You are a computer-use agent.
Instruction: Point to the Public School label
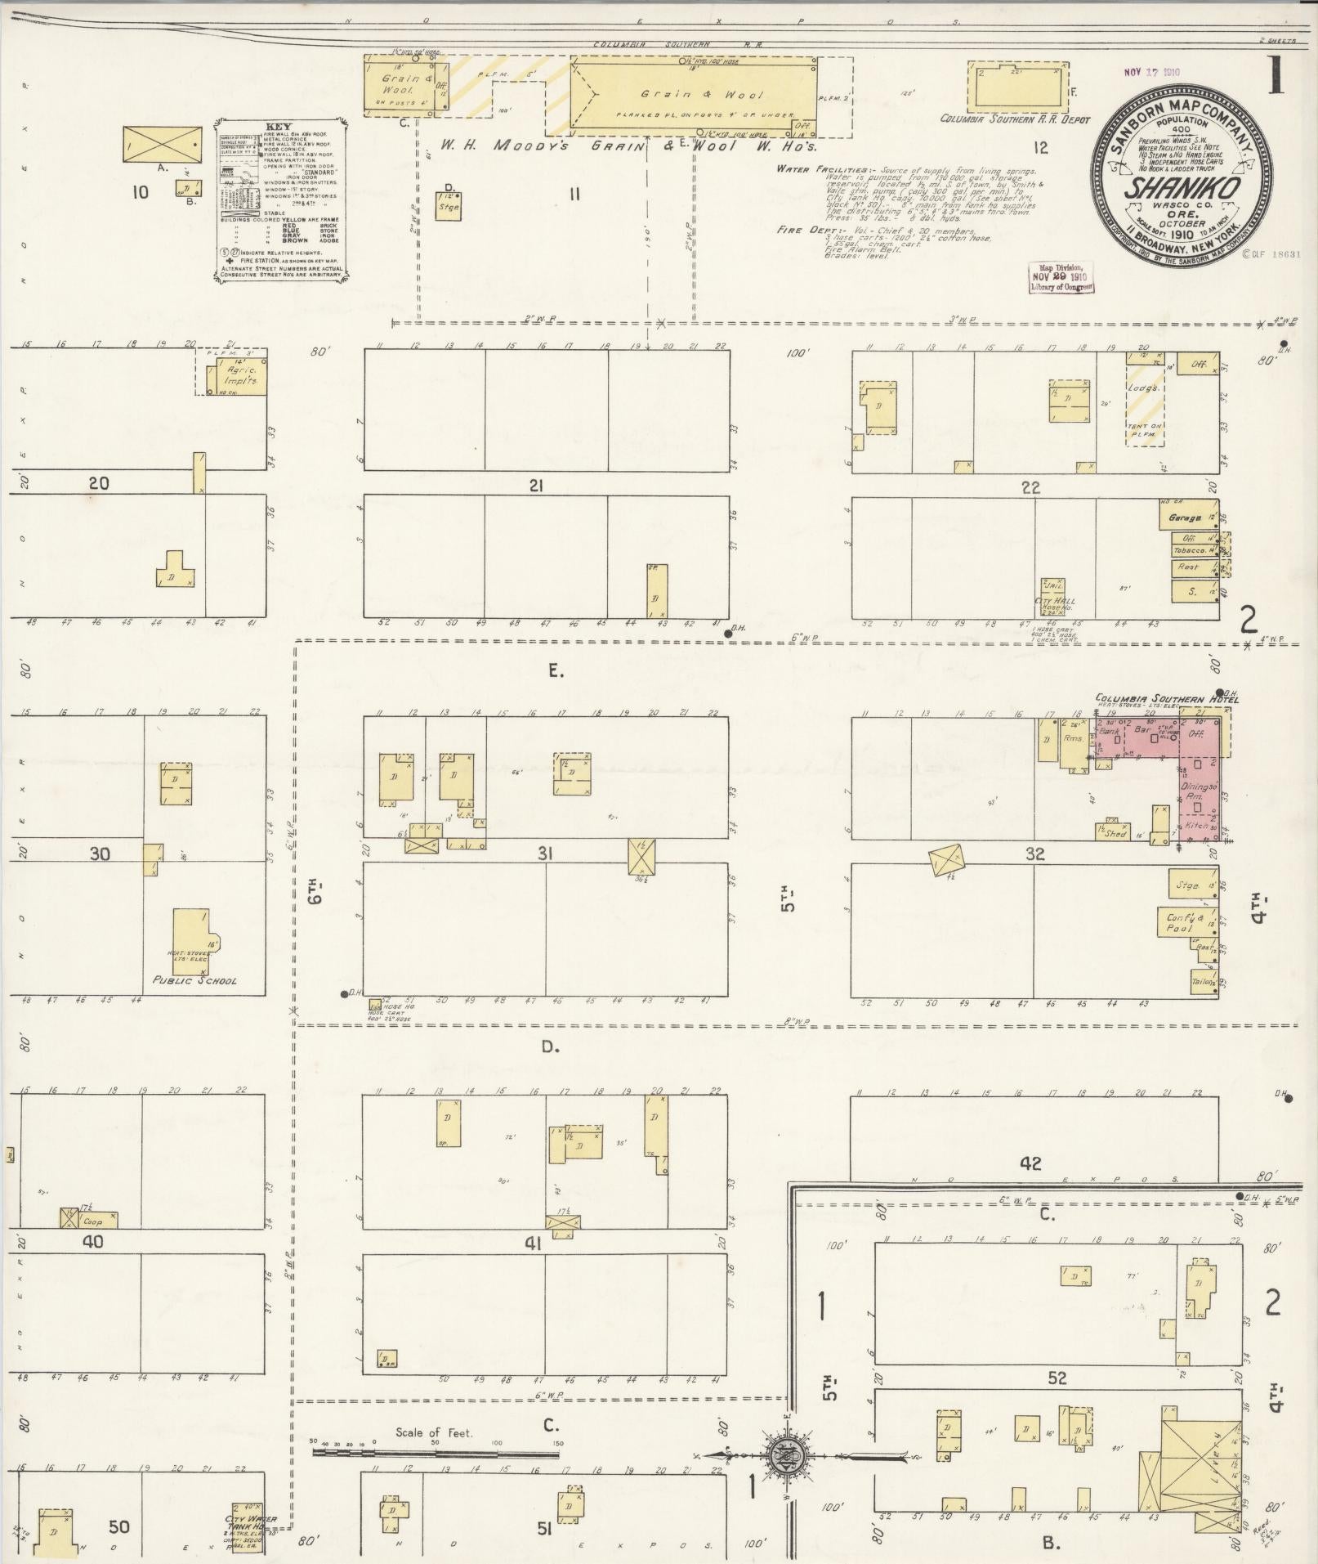point(194,979)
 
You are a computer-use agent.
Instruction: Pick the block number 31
point(545,854)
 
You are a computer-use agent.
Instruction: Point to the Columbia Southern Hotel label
point(1167,700)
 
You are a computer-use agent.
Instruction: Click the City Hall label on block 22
point(1055,601)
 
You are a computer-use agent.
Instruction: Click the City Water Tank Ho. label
point(251,1522)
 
